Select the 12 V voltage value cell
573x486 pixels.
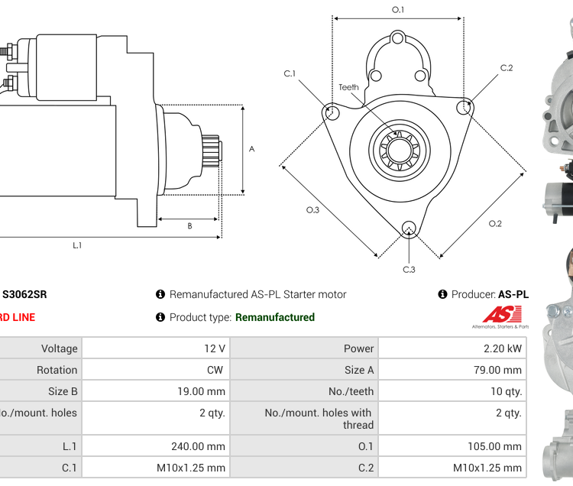click(x=215, y=348)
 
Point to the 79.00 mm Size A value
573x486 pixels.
click(x=497, y=370)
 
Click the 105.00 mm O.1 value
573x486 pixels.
click(x=494, y=446)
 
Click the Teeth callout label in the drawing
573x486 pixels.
click(x=348, y=87)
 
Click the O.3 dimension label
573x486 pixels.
click(x=312, y=209)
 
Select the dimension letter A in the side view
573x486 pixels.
click(x=251, y=149)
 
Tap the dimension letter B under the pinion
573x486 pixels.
click(x=189, y=225)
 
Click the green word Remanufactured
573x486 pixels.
click(x=274, y=317)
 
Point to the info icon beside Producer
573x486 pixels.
click(x=442, y=294)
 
